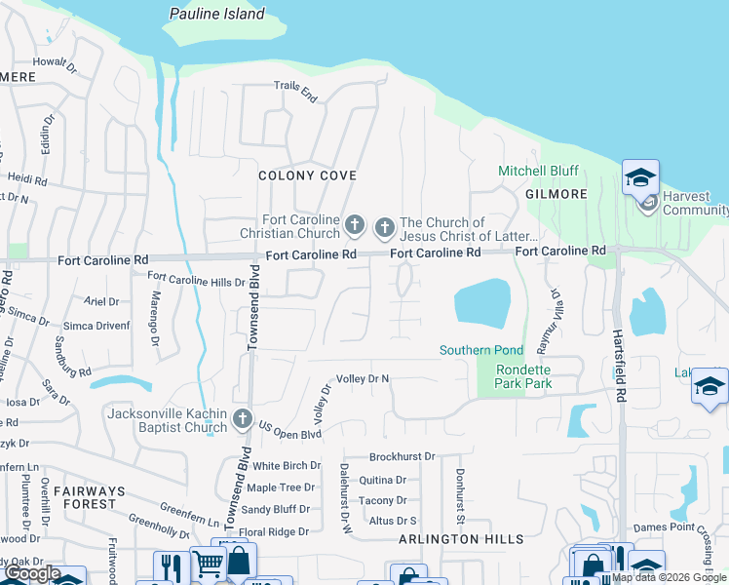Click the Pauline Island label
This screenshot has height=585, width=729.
[216, 14]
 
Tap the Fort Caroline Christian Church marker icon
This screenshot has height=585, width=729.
[355, 227]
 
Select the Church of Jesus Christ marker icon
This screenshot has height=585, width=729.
[384, 227]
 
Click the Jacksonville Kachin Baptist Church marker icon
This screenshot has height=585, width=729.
[244, 421]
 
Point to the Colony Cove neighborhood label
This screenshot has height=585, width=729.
[307, 175]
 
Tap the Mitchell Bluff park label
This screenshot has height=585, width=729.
[538, 171]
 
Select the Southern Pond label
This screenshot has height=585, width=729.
[481, 350]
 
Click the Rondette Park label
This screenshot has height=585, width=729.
[523, 376]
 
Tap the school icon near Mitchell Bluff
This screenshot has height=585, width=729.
[640, 177]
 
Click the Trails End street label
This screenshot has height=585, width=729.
[295, 93]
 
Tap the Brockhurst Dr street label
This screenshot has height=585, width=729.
[402, 456]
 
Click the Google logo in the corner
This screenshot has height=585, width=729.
[31, 573]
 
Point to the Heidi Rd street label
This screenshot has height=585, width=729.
[26, 180]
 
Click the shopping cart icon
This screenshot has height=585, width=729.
[208, 564]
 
